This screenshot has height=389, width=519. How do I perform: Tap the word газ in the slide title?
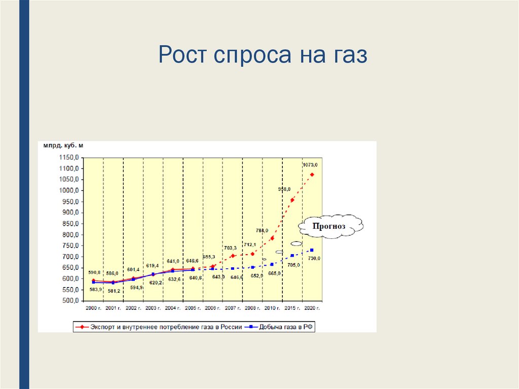click(346, 55)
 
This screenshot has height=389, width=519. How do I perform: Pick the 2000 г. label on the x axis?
click(93, 308)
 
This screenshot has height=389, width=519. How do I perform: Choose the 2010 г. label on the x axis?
click(272, 308)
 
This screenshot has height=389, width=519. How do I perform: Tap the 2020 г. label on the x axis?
click(312, 308)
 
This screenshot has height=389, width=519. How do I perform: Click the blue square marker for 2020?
click(312, 250)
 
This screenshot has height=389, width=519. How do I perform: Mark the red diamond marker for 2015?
click(292, 200)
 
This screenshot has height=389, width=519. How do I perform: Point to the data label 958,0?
click(284, 189)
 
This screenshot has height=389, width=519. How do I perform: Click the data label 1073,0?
click(310, 165)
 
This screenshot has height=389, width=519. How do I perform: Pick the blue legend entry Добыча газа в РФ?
click(284, 327)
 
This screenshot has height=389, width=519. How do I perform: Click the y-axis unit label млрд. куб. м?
click(63, 146)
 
